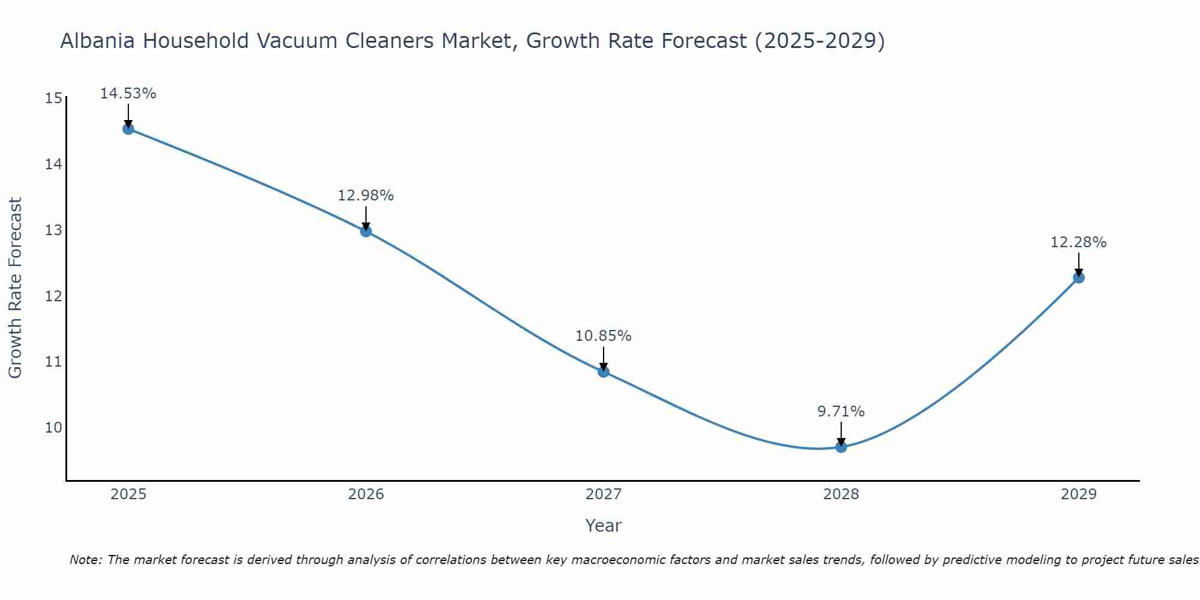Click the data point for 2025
(128, 128)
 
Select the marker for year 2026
(366, 231)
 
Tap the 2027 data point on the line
(604, 371)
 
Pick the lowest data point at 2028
(841, 446)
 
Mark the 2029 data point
(1079, 277)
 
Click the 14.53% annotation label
(128, 94)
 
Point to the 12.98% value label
(365, 196)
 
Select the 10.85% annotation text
(603, 336)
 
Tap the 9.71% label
(841, 412)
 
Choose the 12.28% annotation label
(1078, 242)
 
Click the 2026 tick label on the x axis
(366, 494)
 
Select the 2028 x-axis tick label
(841, 494)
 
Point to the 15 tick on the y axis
(53, 98)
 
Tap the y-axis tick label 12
(53, 296)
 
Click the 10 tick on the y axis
(53, 428)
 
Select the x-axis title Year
(603, 526)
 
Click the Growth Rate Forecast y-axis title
(15, 287)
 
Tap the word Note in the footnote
(85, 560)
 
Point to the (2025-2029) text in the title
(820, 41)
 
